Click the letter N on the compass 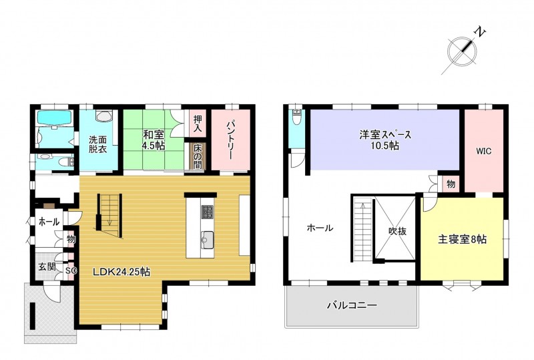[x=480, y=32]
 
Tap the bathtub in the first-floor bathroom [x=54, y=118]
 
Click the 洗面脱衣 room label [x=98, y=144]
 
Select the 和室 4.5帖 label [x=154, y=140]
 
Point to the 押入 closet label [x=198, y=124]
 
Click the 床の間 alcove [x=198, y=156]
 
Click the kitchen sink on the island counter [x=207, y=238]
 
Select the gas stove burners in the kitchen [x=208, y=212]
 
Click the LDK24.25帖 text [x=122, y=272]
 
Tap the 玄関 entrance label [x=47, y=266]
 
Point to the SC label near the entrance [x=71, y=271]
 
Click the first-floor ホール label [x=49, y=222]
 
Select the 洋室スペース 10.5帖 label [x=386, y=140]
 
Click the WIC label [x=483, y=151]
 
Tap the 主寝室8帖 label [x=462, y=240]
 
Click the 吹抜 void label [x=397, y=231]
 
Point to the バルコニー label [x=352, y=305]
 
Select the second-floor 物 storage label [x=451, y=184]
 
